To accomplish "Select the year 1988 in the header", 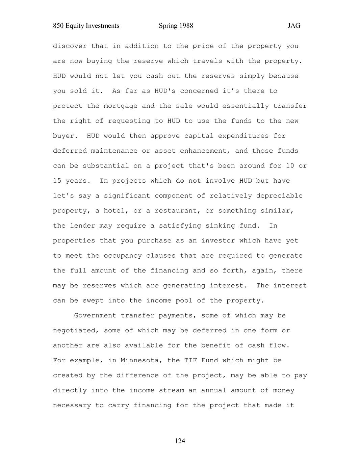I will point(186,26).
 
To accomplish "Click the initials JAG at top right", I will point(294,26).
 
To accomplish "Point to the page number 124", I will point(180,441).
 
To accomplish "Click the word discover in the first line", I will point(70,46).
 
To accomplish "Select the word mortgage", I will point(121,106).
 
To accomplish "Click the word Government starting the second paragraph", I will point(95,315).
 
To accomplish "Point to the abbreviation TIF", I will point(190,360).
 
